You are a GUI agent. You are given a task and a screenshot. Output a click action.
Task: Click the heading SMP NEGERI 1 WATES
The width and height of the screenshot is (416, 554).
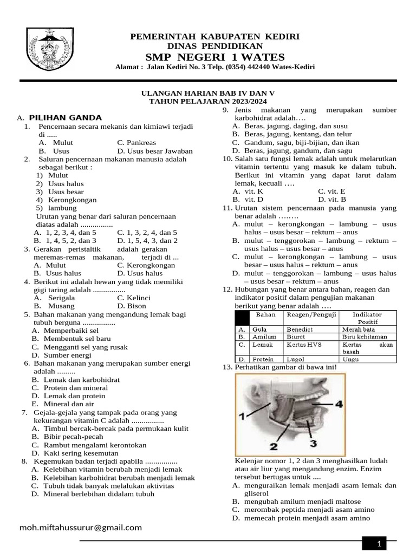tap(214, 57)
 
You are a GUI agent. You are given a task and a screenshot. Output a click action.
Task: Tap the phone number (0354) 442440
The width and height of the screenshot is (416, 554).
tap(240, 67)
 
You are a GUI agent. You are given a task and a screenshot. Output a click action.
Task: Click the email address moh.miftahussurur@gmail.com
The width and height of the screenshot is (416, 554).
tap(81, 527)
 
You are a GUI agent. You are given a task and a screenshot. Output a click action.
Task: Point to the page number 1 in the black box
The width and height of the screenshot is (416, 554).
tap(380, 544)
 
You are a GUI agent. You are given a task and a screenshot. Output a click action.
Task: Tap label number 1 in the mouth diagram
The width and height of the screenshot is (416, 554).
tap(242, 415)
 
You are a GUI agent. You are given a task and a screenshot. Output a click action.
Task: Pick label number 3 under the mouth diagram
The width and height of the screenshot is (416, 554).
tap(313, 444)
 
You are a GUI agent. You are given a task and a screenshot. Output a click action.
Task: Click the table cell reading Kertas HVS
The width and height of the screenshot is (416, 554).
tap(303, 344)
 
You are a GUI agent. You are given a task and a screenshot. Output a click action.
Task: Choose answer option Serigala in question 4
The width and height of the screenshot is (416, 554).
tap(62, 298)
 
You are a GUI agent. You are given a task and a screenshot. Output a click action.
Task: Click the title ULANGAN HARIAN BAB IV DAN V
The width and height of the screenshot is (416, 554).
tap(208, 93)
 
